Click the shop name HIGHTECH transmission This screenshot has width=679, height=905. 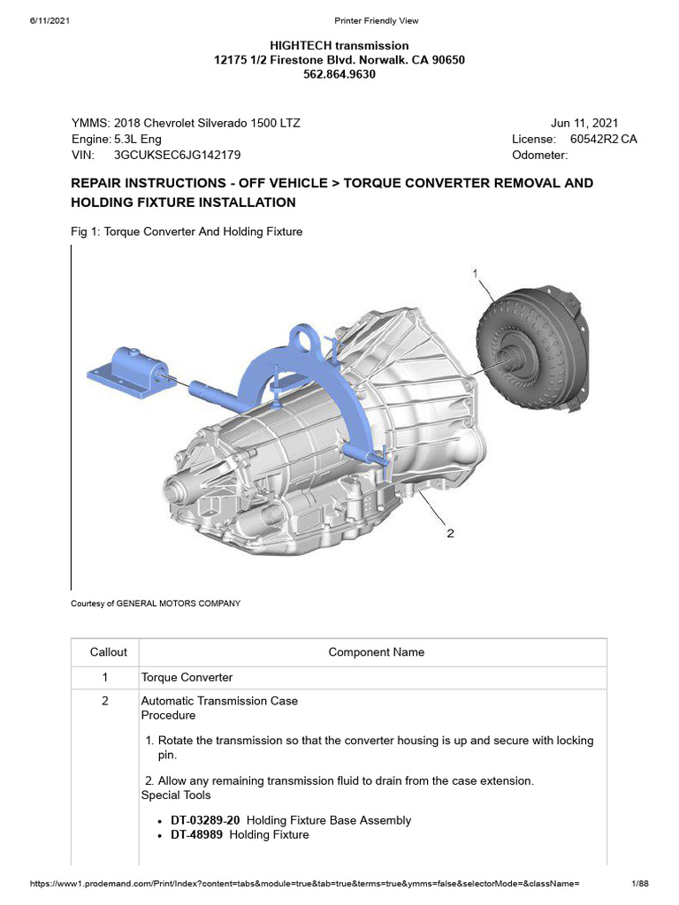tap(339, 45)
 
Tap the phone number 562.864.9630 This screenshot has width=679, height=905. tap(339, 75)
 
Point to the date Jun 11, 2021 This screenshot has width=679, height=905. tap(584, 123)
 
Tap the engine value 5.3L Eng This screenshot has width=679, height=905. tap(138, 139)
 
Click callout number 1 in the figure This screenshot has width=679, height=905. tap(476, 274)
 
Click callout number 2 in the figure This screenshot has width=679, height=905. tap(450, 533)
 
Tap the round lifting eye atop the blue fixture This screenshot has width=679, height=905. tap(307, 338)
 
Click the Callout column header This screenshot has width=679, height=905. tap(109, 652)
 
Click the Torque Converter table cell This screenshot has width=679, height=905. tap(187, 677)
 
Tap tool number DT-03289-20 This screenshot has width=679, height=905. tap(205, 820)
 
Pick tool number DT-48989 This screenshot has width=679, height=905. tap(196, 834)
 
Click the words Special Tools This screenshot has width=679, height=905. tap(176, 795)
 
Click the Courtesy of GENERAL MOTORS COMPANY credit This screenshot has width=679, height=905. tap(155, 604)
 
